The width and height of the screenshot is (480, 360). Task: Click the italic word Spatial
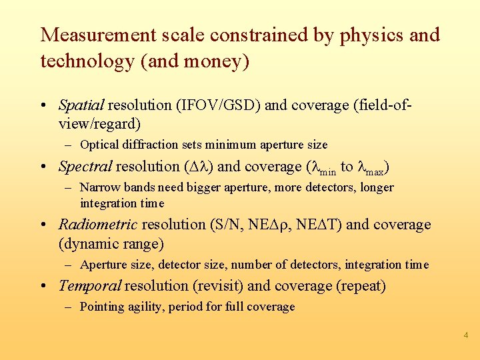pyautogui.click(x=81, y=105)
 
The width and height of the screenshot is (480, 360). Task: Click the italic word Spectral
pyautogui.click(x=85, y=166)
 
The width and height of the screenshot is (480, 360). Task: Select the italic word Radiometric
pyautogui.click(x=98, y=225)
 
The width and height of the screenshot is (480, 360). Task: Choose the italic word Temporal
pyautogui.click(x=89, y=286)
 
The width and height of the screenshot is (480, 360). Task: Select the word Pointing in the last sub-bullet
pyautogui.click(x=101, y=307)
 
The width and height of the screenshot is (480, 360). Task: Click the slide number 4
pyautogui.click(x=466, y=335)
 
